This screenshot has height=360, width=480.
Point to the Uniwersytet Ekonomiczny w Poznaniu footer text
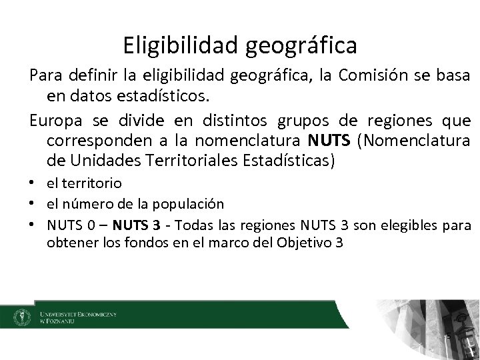(x=78, y=316)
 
